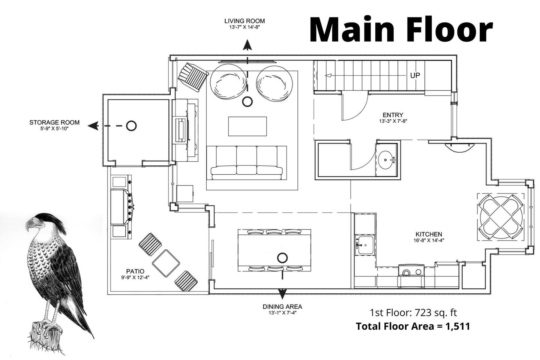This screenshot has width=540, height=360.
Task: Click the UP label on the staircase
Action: [415, 75]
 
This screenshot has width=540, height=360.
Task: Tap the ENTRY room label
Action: [393, 115]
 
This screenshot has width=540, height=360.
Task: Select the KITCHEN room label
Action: [429, 234]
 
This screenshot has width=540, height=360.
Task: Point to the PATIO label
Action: [135, 271]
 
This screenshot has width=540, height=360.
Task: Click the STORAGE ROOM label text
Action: [54, 123]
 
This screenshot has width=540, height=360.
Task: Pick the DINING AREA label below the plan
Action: [282, 307]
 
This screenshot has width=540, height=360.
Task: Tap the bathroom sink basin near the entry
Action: [387, 159]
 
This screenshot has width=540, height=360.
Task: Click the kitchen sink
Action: [365, 245]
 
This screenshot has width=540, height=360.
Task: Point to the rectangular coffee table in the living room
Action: [247, 126]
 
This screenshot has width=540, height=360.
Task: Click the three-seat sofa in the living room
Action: [247, 163]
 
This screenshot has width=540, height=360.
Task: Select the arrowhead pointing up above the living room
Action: [247, 45]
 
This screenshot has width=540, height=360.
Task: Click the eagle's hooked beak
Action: [30, 225]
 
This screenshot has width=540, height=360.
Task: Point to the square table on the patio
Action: [166, 263]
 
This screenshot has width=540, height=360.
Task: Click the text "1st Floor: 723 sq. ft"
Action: [413, 312]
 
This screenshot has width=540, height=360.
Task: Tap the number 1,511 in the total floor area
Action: [457, 327]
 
